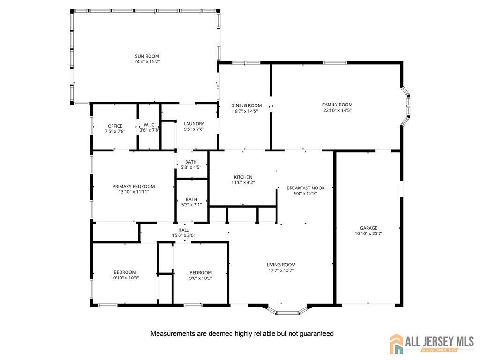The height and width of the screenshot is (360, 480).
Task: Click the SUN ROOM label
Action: coord(147,56)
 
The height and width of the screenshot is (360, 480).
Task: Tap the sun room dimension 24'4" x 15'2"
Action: coord(147,62)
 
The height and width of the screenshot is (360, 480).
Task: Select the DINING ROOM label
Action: coord(247,105)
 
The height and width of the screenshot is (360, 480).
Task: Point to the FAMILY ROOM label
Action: coord(337,105)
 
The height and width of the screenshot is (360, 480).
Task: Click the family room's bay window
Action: coord(406,105)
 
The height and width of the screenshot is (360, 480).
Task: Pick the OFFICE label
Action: coord(115,126)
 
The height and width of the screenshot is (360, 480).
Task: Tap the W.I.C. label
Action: coord(150,125)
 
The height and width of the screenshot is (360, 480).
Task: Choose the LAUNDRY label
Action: coord(194,124)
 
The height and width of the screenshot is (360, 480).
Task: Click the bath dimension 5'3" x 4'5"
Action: coord(191,167)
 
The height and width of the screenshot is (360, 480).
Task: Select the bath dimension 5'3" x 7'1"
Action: coord(191,205)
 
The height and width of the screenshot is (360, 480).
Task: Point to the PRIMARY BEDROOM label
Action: coord(134,186)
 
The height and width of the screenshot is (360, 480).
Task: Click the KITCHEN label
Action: coord(243,177)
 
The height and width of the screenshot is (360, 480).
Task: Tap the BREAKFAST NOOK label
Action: coord(306,188)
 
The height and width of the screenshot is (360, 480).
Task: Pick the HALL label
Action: coord(184,230)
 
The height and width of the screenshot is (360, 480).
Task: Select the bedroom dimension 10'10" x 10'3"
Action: coord(125,278)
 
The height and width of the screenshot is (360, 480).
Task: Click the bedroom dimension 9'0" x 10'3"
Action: coord(201,278)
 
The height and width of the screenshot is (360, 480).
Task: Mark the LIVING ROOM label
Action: coord(281,265)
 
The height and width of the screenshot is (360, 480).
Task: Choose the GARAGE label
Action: coord(368,228)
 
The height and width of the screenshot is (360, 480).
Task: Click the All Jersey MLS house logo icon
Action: coord(397,344)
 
